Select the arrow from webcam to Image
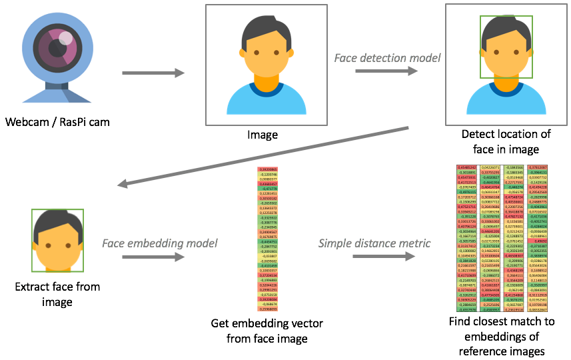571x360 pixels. [x=153, y=73]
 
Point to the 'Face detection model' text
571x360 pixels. [x=387, y=58]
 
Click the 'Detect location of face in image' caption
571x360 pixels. [x=506, y=142]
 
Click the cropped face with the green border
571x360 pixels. [x=57, y=240]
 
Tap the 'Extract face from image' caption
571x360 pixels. [x=57, y=295]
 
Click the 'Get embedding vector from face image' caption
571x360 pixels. [x=267, y=331]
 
